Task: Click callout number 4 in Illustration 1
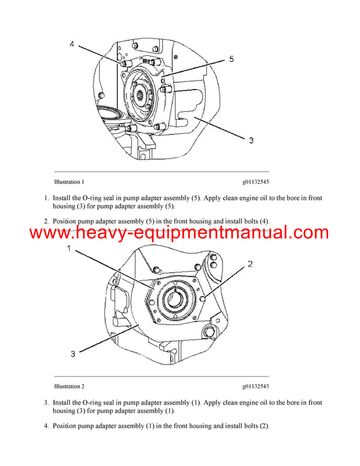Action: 72,44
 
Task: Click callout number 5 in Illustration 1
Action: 231,59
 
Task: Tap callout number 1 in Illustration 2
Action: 70,249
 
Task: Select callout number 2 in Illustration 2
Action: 250,264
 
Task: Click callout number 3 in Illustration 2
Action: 73,354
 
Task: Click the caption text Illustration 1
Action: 68,181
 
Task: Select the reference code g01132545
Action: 256,181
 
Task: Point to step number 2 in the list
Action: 46,221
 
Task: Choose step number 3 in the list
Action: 46,402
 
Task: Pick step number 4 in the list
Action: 46,426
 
